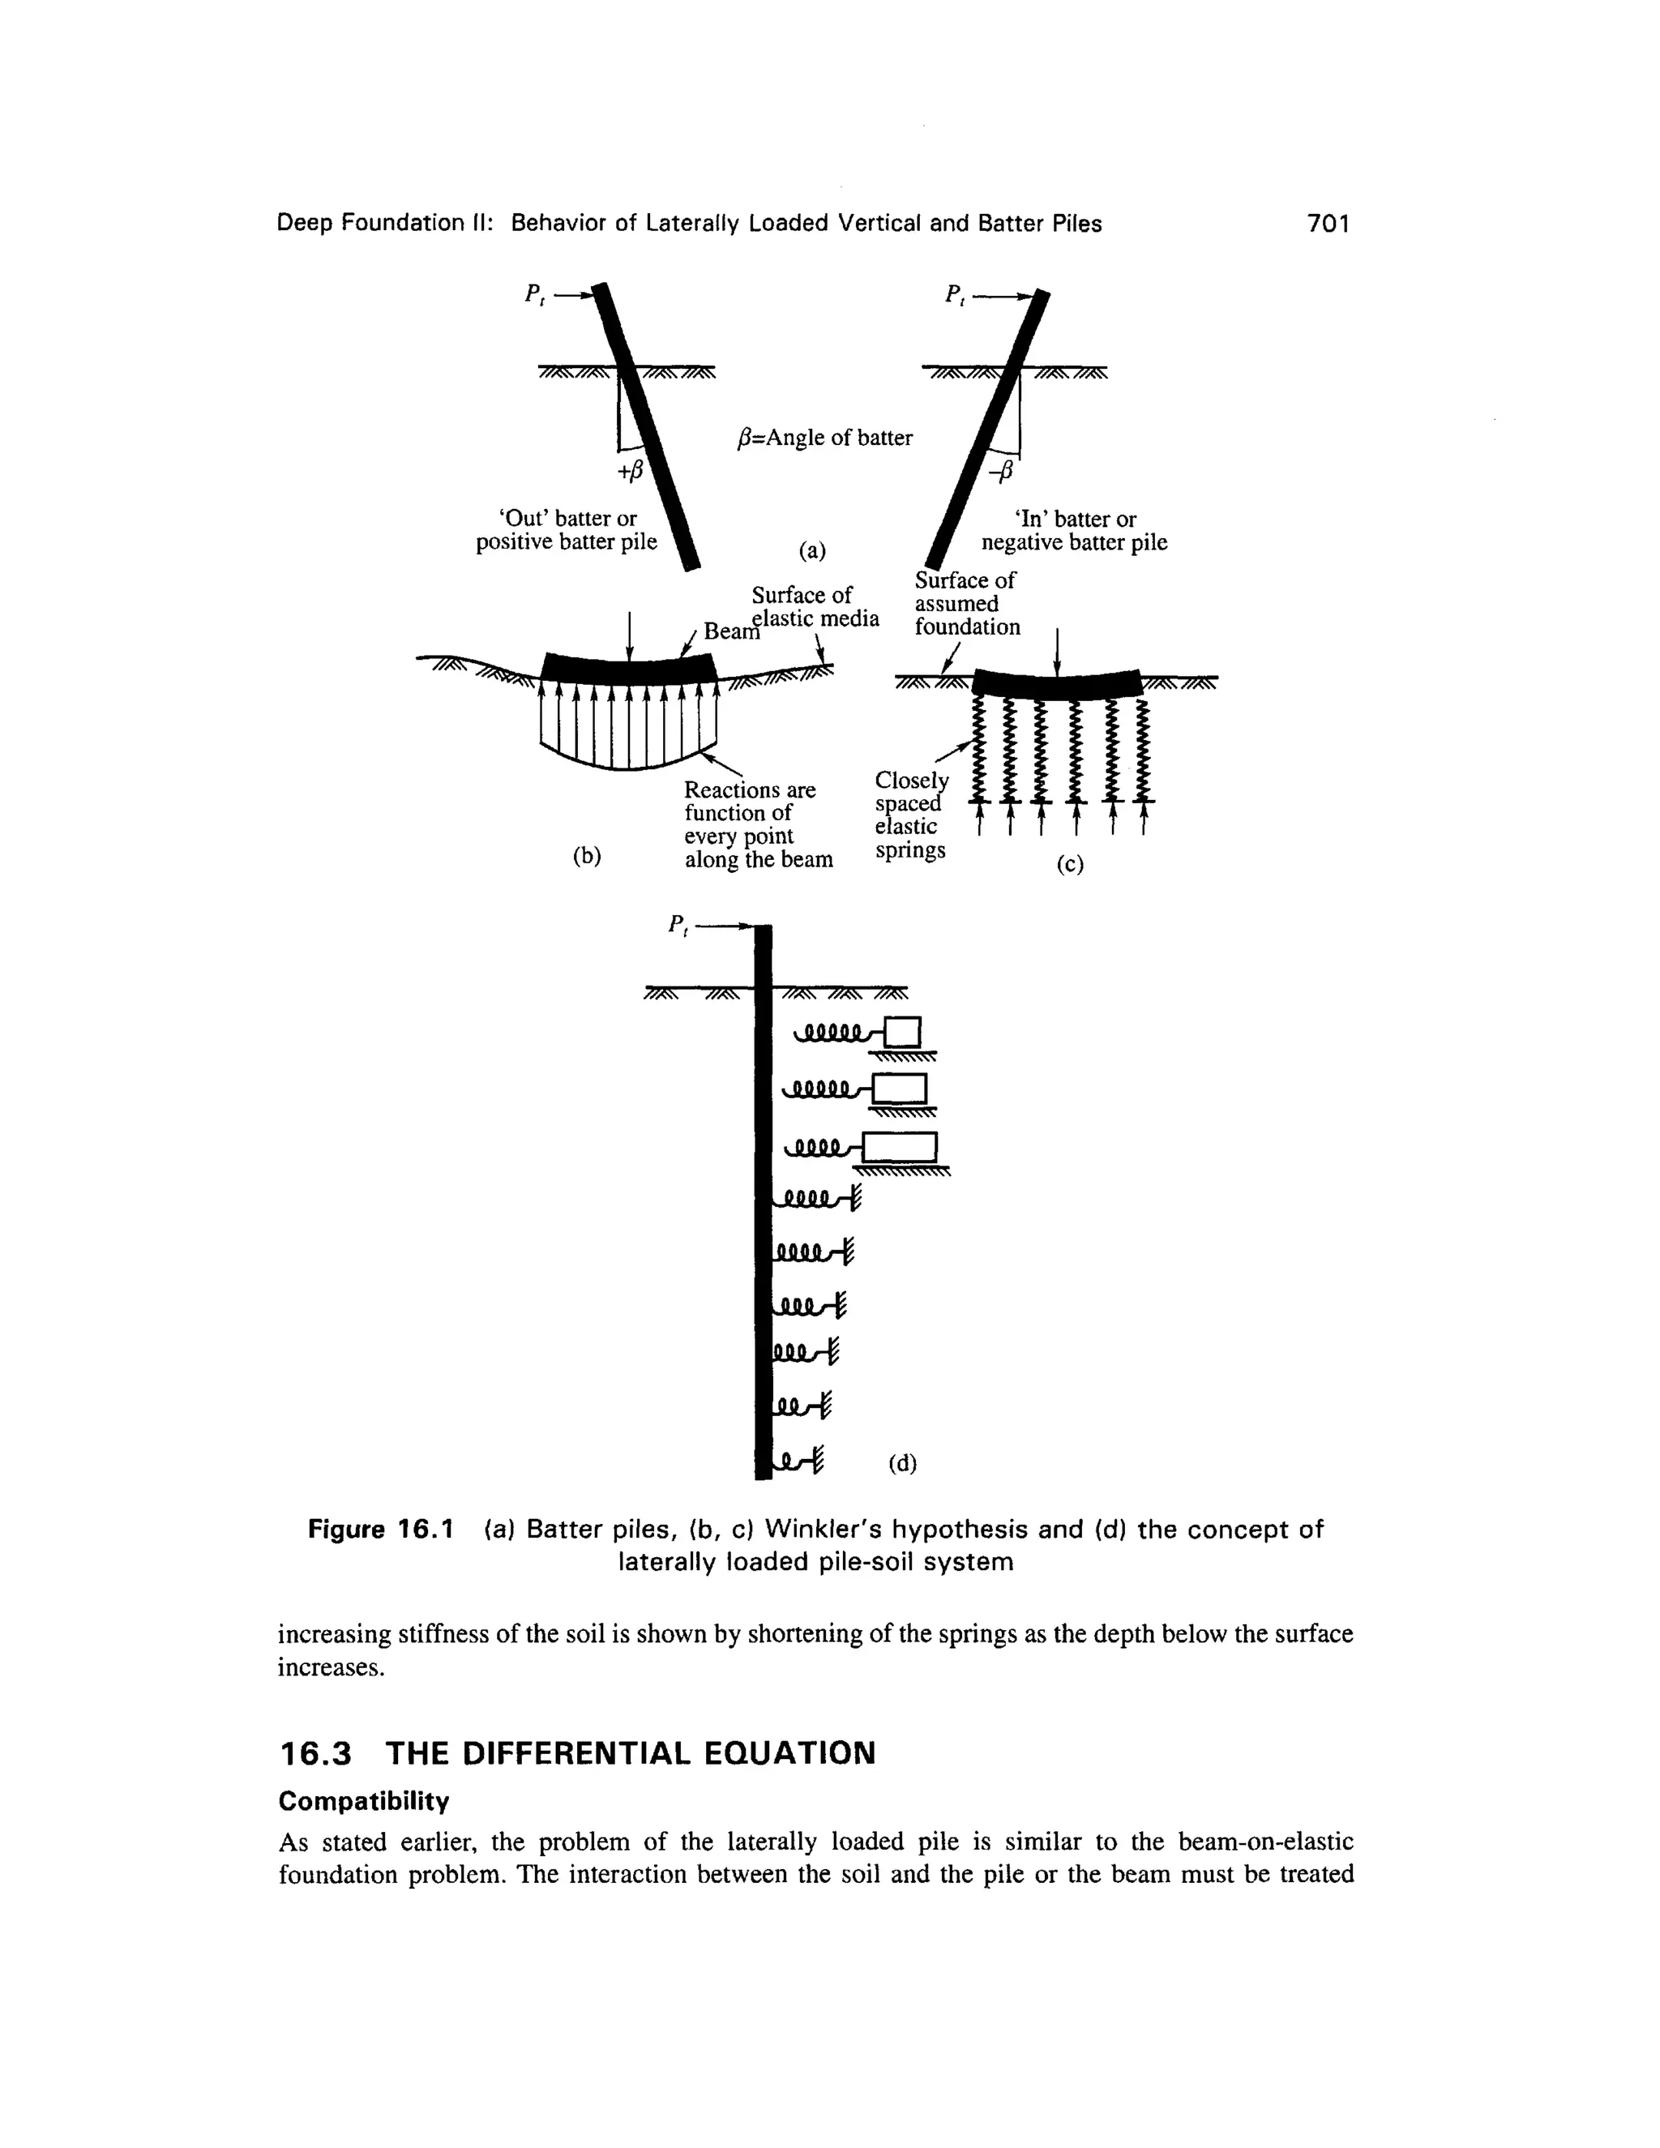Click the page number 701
1328,225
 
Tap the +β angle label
629,472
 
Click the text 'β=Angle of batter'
824,438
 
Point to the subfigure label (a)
812,550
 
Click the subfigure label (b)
586,856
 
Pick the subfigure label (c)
1069,865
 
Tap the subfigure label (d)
902,1463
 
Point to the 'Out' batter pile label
567,530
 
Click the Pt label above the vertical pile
678,926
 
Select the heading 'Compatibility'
363,1801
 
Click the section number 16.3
314,1752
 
